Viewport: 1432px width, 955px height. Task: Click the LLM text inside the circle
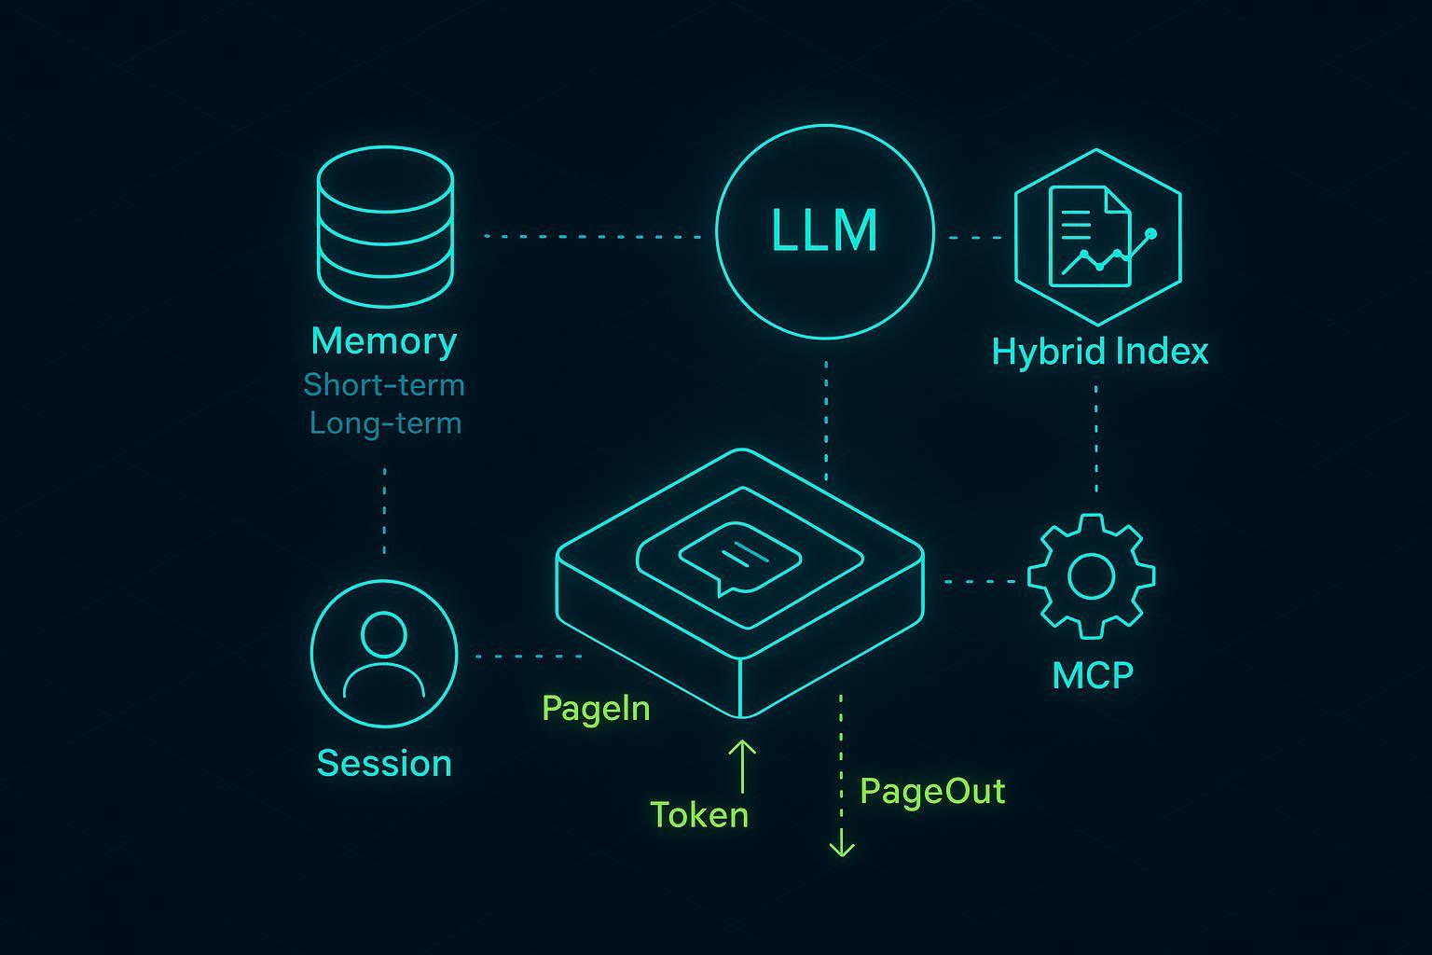pos(825,230)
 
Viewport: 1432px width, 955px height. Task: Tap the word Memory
pos(384,341)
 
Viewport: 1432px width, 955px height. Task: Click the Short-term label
pos(384,384)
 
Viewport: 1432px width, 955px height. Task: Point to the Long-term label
pos(385,423)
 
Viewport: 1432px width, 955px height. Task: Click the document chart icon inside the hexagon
pos(1095,236)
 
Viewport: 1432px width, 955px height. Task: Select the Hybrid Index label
pos(1100,352)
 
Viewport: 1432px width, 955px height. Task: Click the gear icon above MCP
pos(1091,575)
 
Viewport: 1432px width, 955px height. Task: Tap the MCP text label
pos(1093,674)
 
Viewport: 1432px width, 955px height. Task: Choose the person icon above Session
pos(384,653)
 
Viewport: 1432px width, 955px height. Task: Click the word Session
pos(384,763)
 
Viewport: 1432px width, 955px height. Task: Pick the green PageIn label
pos(596,709)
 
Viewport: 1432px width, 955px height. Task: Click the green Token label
pos(699,815)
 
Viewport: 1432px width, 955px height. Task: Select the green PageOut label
pos(932,791)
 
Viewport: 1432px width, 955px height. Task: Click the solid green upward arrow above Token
pos(742,765)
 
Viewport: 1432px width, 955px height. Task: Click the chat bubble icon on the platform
pos(739,558)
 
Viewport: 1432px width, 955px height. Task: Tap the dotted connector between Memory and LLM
pos(592,237)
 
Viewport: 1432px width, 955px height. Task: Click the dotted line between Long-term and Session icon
pos(384,510)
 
